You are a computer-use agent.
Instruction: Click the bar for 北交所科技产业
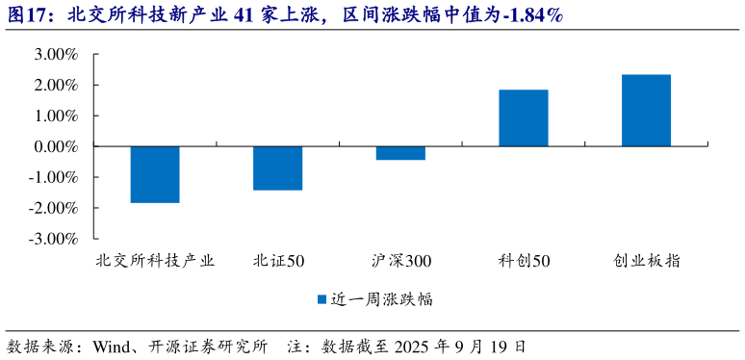[155, 174]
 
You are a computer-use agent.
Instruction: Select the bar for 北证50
[277, 168]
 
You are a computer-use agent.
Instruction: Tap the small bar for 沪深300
[400, 153]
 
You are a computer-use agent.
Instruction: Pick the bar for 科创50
[524, 118]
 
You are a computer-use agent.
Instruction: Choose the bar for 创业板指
[646, 111]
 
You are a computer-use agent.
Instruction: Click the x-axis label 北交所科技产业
[155, 261]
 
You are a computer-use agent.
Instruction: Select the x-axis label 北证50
[278, 261]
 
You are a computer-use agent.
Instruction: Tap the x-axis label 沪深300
[401, 261]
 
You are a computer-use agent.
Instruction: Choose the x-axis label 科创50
[524, 261]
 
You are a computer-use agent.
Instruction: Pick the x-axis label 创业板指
[647, 261]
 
